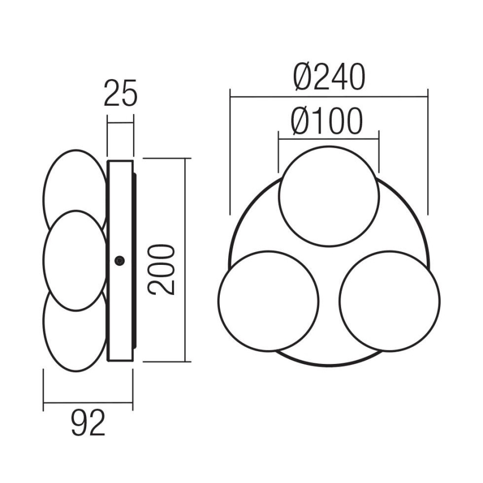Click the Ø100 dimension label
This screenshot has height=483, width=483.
coord(327,121)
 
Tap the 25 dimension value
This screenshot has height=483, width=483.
coord(120,93)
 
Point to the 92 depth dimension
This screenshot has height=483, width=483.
coord(88,425)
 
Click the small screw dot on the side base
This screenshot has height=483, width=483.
coord(119,260)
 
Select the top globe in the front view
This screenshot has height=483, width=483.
coord(328,198)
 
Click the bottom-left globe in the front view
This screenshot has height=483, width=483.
coord(269,300)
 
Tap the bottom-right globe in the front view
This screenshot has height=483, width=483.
coord(390,300)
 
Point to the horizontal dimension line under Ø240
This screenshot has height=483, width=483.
coord(328,96)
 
